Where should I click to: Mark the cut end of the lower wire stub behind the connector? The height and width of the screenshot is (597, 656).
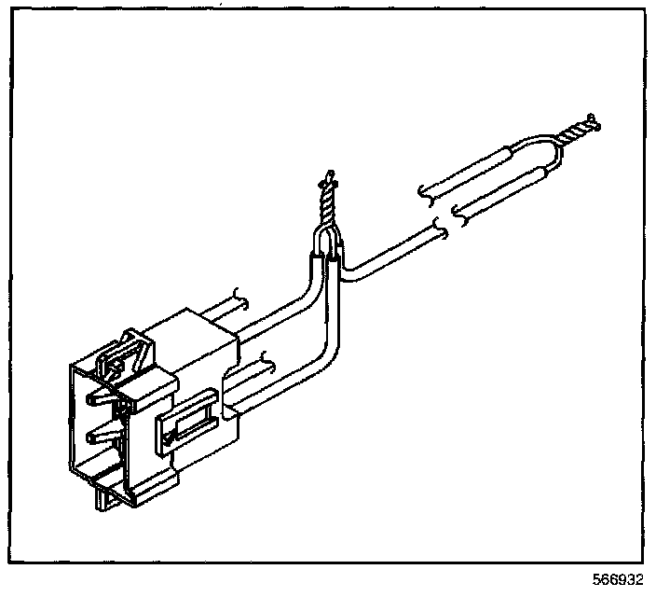[267, 357]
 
